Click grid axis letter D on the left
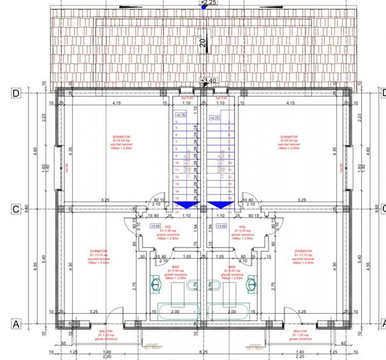point(15,93)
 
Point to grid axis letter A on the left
point(15,324)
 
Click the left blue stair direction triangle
point(185,205)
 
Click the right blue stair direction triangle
point(220,205)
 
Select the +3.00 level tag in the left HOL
point(154,226)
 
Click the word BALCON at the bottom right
point(300,331)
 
